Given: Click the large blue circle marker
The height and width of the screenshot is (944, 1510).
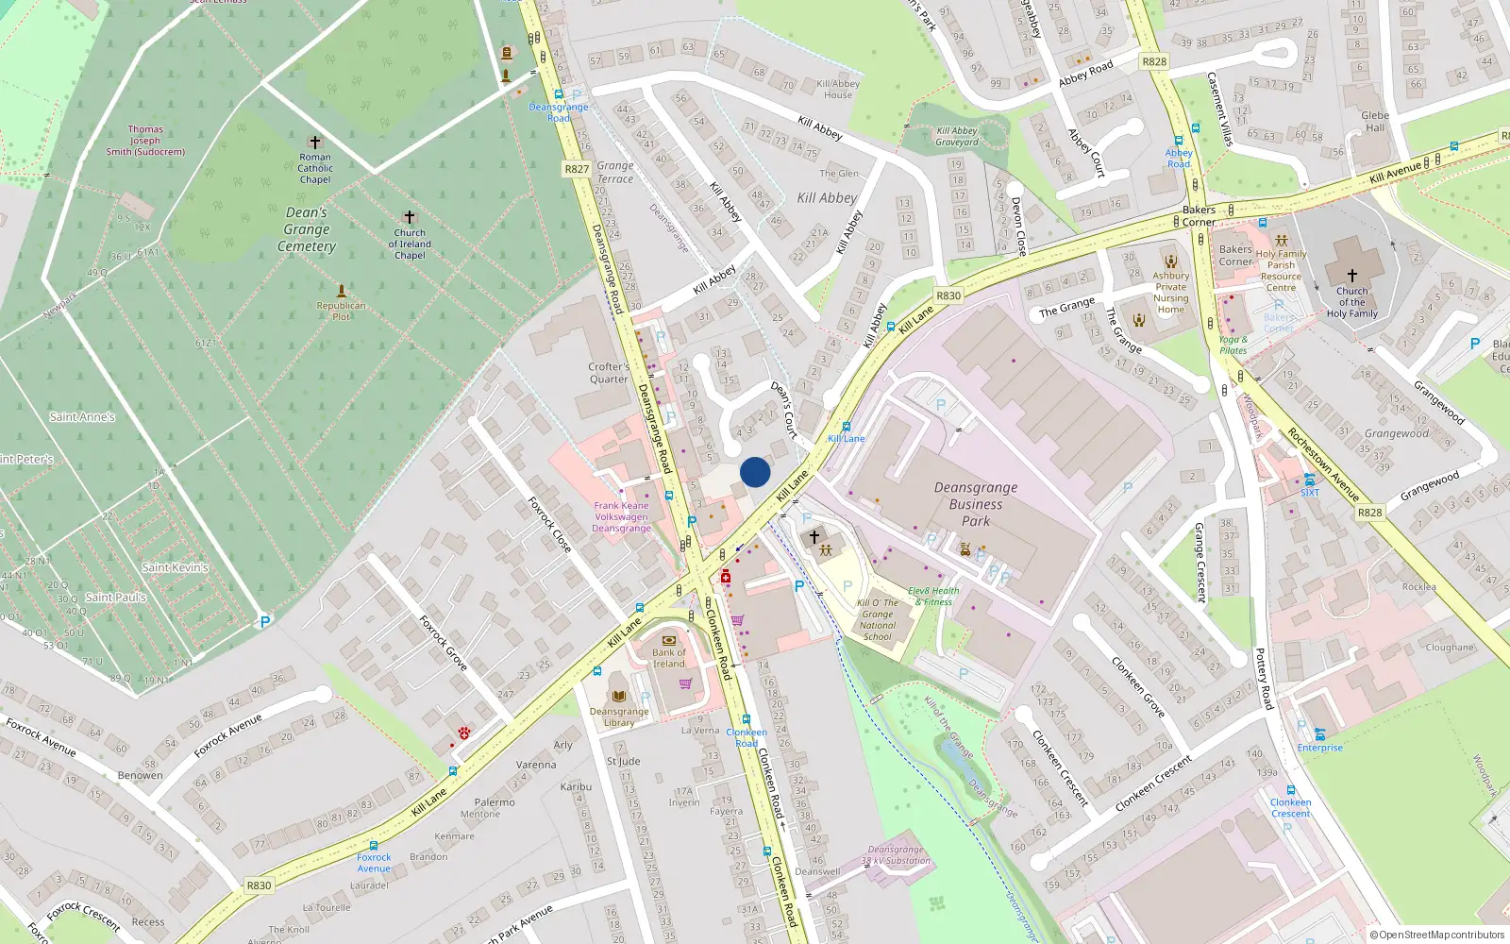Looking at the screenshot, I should pyautogui.click(x=755, y=472).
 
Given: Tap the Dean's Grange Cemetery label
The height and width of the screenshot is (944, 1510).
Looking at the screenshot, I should pyautogui.click(x=307, y=229).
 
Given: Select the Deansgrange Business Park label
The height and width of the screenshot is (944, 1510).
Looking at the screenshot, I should pyautogui.click(x=976, y=504).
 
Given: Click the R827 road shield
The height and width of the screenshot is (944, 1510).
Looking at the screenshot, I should pyautogui.click(x=577, y=169).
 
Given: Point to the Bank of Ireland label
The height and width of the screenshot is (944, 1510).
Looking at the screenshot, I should pyautogui.click(x=669, y=658).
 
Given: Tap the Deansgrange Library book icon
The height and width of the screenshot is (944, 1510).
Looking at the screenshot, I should pyautogui.click(x=619, y=696).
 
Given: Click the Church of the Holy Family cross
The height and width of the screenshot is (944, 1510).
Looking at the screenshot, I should pyautogui.click(x=1351, y=275).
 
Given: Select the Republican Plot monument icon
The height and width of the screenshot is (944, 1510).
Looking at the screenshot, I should pyautogui.click(x=341, y=291).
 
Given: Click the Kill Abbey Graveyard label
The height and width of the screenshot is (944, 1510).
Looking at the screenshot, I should pyautogui.click(x=957, y=137).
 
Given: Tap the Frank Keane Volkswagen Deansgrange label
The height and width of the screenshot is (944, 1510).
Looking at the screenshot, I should pyautogui.click(x=621, y=516).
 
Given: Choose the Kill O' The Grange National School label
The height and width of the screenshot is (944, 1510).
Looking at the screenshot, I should pyautogui.click(x=878, y=619).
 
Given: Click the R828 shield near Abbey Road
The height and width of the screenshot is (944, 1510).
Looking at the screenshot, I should pyautogui.click(x=1154, y=61).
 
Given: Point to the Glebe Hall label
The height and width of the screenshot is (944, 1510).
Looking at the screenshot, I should pyautogui.click(x=1375, y=122).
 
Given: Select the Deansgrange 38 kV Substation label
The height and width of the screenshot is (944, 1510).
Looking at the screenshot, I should pyautogui.click(x=896, y=855).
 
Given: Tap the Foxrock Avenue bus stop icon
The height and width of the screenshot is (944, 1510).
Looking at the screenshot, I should pyautogui.click(x=374, y=846).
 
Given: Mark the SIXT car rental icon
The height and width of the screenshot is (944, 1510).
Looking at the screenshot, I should pyautogui.click(x=1310, y=480).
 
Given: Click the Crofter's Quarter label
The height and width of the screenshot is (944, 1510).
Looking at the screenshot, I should pyautogui.click(x=609, y=373).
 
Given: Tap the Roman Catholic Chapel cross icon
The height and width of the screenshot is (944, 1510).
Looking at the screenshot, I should pyautogui.click(x=315, y=143).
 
